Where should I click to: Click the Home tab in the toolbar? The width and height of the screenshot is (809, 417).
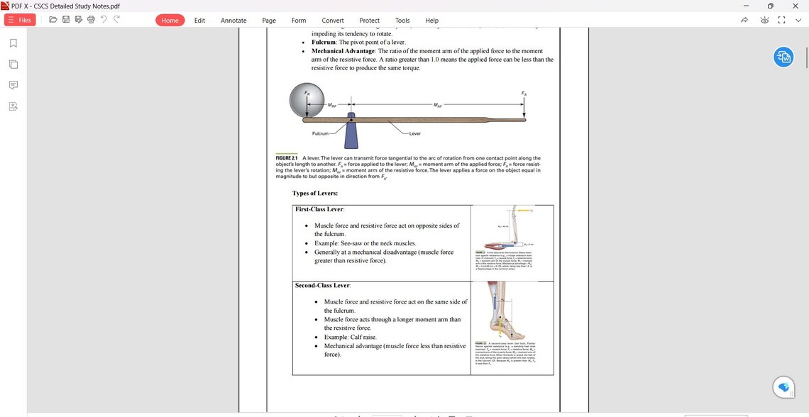point(170,21)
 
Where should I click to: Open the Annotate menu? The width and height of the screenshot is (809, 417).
point(233,21)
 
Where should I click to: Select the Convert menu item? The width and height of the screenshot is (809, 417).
point(332,21)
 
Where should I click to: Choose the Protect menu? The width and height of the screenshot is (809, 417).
point(369,21)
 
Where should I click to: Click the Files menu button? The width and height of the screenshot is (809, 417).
point(20,20)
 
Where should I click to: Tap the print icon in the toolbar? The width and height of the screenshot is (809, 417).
point(91,20)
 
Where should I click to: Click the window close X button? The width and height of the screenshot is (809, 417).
point(795,6)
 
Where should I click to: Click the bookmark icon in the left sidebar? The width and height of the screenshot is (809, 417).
point(13,43)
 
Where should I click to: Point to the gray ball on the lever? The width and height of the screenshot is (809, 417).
point(306,100)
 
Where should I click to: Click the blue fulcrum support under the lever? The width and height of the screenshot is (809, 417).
point(351,132)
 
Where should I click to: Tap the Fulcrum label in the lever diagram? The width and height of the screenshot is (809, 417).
point(320,133)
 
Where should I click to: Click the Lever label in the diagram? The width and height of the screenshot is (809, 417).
point(414,133)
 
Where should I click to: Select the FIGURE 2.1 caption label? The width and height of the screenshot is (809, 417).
point(287,158)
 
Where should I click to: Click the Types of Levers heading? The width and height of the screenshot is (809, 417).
point(314,193)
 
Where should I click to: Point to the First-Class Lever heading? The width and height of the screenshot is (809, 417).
point(319,209)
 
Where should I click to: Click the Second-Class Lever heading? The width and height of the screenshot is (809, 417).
point(322,285)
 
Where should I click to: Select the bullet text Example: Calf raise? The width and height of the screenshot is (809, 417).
point(350,337)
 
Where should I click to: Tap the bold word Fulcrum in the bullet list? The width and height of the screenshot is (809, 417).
point(323,43)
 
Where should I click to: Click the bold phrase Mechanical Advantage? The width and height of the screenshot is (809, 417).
point(343,51)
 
